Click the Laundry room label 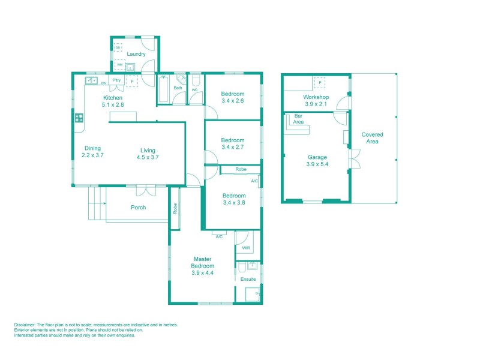tap(136, 55)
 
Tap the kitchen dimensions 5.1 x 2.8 tap(113, 105)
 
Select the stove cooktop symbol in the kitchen tap(79, 118)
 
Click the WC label tap(194, 90)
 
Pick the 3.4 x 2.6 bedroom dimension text tap(233, 101)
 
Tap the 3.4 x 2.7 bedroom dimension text tap(233, 147)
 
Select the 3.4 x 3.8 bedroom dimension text tap(234, 203)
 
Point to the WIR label tap(246, 247)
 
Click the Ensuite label tap(248, 280)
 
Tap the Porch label tap(139, 208)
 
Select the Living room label tap(148, 150)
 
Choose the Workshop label tap(316, 97)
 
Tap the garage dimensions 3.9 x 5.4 tap(317, 164)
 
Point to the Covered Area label tap(372, 138)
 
